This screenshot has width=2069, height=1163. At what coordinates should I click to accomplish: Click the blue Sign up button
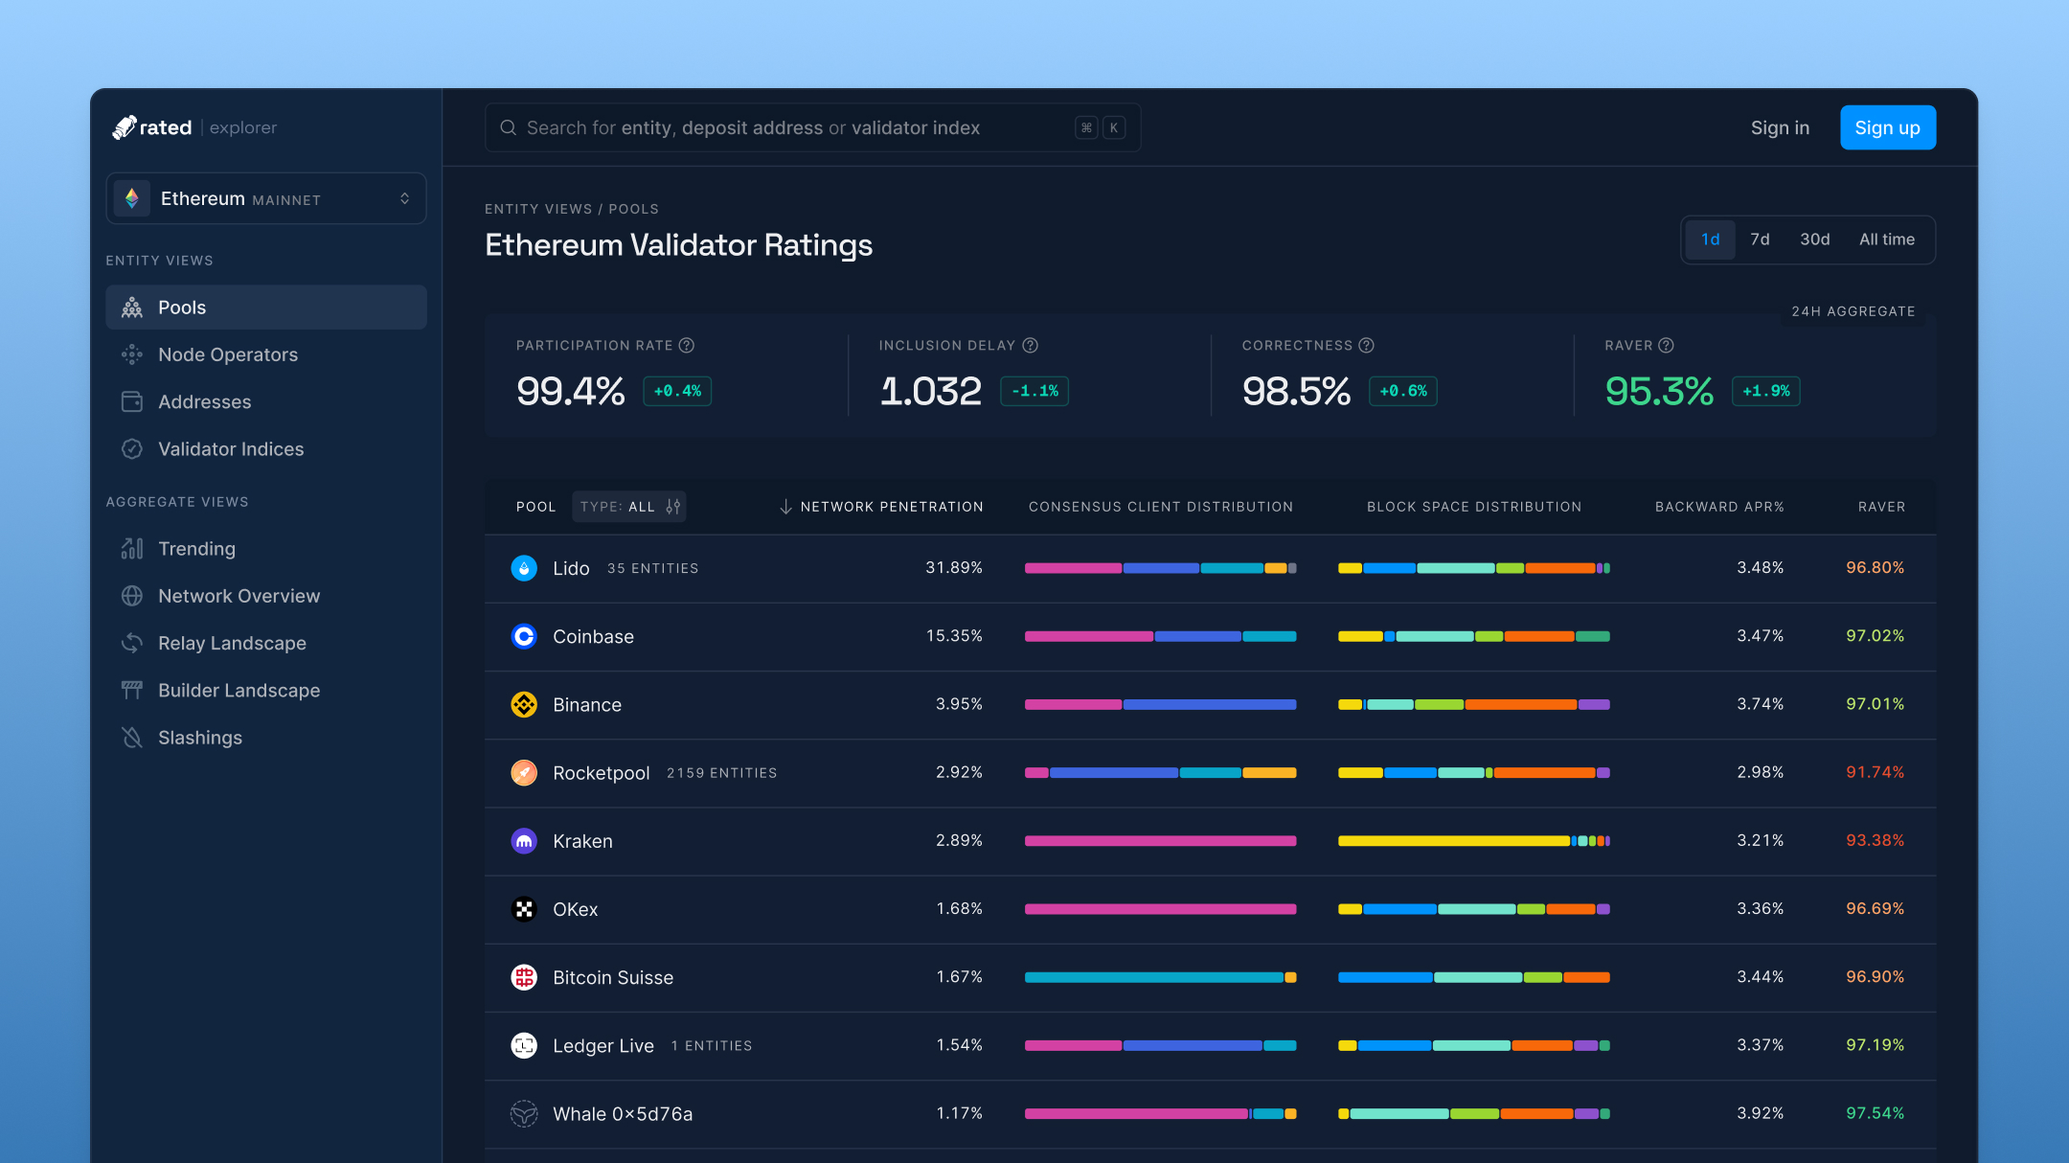click(1887, 127)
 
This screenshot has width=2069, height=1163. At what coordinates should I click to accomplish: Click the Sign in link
click(1780, 127)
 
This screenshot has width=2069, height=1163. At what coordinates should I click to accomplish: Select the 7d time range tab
click(1760, 239)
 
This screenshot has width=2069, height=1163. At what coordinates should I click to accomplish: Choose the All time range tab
click(1886, 239)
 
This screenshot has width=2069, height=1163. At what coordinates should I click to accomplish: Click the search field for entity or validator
click(795, 127)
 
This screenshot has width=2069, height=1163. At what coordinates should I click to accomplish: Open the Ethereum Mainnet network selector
click(266, 198)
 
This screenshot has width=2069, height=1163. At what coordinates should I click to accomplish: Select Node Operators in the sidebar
click(228, 354)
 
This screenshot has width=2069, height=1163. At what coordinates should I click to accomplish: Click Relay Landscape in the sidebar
click(232, 643)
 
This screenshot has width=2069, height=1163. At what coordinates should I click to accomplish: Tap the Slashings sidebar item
click(199, 738)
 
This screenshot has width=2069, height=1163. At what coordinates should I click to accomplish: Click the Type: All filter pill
click(629, 507)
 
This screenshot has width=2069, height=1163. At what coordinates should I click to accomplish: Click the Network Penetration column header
click(891, 507)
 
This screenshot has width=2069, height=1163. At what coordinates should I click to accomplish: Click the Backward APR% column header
click(1719, 507)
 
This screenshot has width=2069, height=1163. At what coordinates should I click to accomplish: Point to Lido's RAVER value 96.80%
click(1875, 568)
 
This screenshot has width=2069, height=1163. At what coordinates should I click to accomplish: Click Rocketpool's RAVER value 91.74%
click(1875, 772)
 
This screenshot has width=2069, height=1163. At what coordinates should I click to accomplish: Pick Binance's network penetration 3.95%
click(959, 704)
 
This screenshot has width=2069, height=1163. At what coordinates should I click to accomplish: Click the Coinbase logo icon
click(524, 636)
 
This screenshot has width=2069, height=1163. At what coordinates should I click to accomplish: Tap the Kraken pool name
click(582, 841)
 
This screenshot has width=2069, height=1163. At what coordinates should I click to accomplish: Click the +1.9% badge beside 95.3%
click(1765, 391)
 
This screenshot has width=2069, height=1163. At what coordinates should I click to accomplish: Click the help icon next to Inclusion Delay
click(1030, 345)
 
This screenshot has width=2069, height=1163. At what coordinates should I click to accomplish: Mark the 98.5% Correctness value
click(1296, 391)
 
